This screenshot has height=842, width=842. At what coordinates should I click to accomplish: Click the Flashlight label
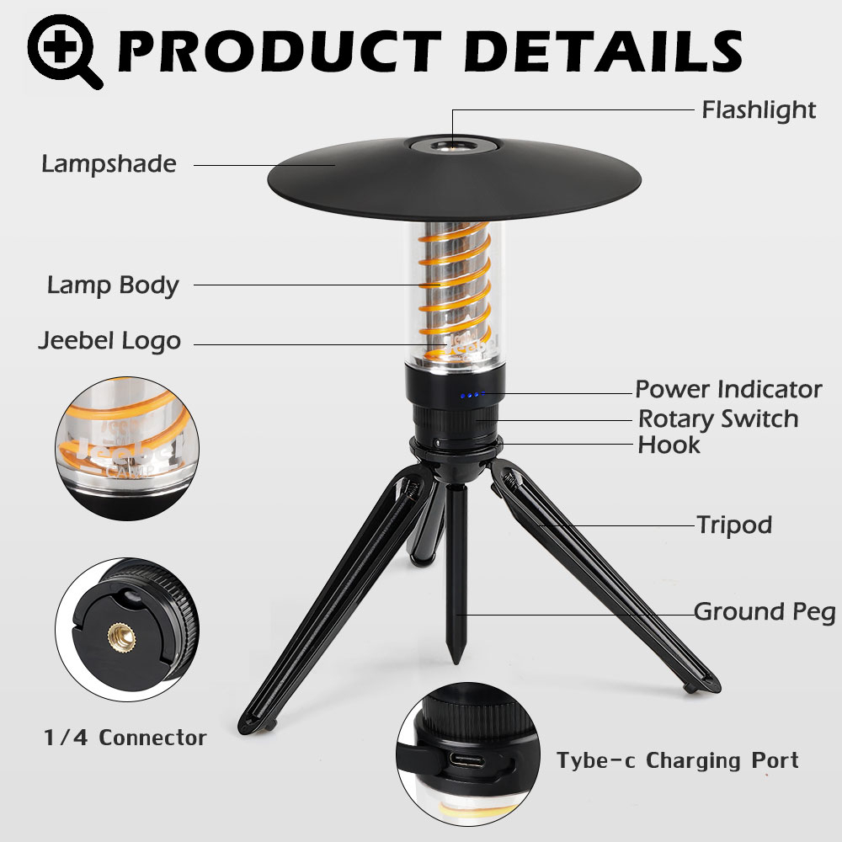click(759, 110)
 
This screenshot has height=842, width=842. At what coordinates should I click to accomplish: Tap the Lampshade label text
click(109, 163)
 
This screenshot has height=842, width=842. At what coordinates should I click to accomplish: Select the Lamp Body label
click(113, 285)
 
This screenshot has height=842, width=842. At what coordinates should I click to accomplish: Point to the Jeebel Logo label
click(109, 341)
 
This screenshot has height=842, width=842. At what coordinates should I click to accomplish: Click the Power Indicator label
click(728, 390)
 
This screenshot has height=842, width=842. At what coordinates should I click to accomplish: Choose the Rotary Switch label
click(718, 418)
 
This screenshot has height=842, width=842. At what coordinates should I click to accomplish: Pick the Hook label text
click(669, 445)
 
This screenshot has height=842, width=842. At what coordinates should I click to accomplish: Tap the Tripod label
click(734, 525)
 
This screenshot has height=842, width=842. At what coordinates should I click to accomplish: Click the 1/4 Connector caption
click(125, 738)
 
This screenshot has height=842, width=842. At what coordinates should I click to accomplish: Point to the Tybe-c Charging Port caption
click(677, 761)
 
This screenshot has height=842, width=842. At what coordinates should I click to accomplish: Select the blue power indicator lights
click(472, 393)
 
